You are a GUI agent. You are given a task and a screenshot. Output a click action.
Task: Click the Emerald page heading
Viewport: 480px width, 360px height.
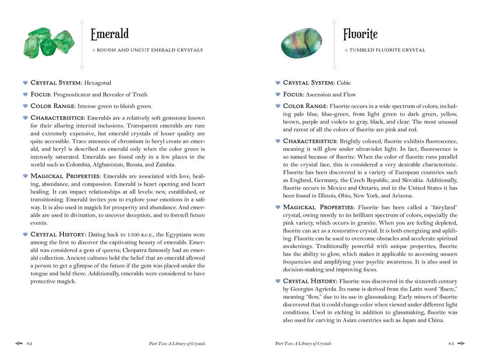[x=109, y=34]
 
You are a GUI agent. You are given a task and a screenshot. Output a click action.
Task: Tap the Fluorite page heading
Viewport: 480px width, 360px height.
[x=360, y=34]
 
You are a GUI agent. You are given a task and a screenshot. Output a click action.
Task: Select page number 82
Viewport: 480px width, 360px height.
[x=29, y=344]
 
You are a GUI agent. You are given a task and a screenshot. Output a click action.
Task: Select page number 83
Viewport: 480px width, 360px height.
[x=451, y=344]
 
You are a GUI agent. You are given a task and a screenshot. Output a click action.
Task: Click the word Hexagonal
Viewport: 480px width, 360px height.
[x=97, y=83]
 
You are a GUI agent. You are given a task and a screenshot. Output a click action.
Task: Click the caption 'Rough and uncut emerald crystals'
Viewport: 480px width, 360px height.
[x=149, y=50]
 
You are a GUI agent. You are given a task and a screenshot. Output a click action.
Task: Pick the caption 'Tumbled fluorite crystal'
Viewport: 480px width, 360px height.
[x=387, y=50]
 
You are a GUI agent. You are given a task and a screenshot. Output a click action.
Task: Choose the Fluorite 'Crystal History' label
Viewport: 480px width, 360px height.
[x=310, y=281]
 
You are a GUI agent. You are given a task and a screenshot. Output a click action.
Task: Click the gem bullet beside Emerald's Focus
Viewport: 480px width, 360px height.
[x=26, y=94]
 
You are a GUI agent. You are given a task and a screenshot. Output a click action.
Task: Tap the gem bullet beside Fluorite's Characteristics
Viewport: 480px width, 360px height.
[x=278, y=141]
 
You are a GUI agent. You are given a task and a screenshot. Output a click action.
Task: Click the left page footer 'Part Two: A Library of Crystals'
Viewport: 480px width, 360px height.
[x=177, y=344]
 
